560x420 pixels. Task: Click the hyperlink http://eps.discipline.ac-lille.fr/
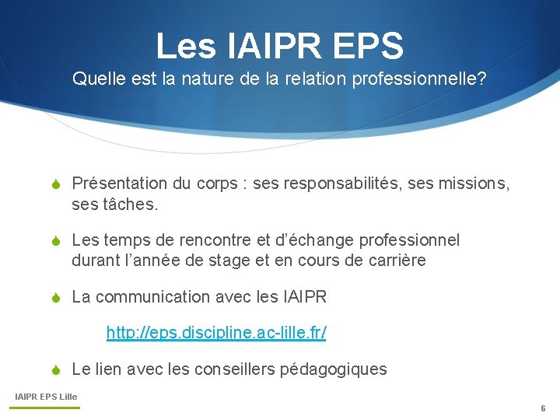(216, 333)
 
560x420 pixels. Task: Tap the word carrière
(394, 261)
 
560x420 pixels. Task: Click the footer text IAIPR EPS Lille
(47, 397)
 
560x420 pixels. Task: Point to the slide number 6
(543, 408)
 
